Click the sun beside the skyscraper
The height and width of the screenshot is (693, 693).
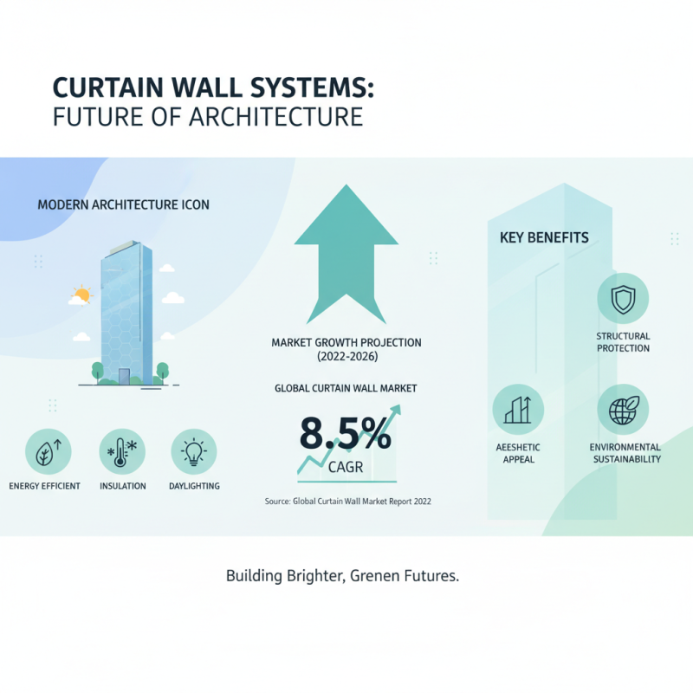82,295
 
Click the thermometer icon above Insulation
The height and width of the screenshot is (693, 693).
122,451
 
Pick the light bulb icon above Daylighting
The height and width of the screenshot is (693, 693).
194,451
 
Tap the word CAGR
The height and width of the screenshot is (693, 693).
346,469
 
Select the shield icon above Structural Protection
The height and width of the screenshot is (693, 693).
623,300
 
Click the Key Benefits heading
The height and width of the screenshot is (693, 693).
544,237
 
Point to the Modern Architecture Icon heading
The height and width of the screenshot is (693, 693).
124,205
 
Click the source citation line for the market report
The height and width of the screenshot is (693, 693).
347,502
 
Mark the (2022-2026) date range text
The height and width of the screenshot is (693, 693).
346,357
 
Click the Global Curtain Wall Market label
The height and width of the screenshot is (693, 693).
346,388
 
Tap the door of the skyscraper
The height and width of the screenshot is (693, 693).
125,375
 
